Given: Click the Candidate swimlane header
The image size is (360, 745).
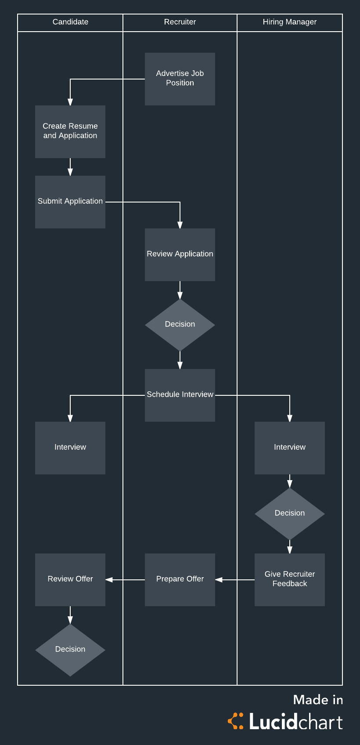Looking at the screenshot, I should [70, 22].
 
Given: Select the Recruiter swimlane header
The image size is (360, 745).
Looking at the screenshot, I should [180, 22].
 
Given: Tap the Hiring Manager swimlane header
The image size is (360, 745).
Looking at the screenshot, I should [290, 22].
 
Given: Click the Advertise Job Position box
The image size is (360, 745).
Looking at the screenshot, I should [180, 79].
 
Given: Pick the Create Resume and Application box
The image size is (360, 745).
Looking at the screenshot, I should [70, 131].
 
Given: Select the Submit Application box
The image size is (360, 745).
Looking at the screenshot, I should [70, 202].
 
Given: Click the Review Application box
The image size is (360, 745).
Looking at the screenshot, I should [180, 255].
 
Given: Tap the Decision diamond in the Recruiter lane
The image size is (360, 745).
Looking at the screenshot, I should [180, 325].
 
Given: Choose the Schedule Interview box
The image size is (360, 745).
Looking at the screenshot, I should [180, 395].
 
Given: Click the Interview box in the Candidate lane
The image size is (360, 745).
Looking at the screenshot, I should [70, 448].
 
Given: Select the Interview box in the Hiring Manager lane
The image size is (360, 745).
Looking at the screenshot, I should [290, 448].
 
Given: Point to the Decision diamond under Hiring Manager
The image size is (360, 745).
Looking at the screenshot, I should [290, 514].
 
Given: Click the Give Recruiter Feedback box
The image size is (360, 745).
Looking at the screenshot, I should [290, 579].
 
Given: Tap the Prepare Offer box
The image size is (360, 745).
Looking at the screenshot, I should [180, 579].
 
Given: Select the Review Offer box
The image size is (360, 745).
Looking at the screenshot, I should [70, 579].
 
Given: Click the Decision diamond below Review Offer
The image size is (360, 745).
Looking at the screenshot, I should [70, 650].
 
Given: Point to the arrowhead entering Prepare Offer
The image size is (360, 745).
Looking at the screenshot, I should [219, 580].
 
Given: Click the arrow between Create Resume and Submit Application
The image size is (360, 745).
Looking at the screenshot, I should [70, 167].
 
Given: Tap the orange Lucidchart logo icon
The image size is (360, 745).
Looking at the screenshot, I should [236, 721].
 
